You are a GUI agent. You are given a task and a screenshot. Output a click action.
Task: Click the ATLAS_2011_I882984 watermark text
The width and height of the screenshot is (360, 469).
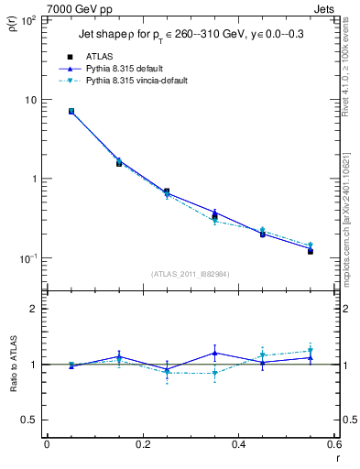190,273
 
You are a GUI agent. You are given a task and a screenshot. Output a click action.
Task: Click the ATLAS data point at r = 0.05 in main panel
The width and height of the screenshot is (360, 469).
71,111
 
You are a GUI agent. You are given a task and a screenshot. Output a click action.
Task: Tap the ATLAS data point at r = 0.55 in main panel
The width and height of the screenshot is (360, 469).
311,250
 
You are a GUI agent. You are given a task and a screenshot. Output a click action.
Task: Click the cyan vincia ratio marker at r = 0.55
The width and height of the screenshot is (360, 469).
311,350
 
